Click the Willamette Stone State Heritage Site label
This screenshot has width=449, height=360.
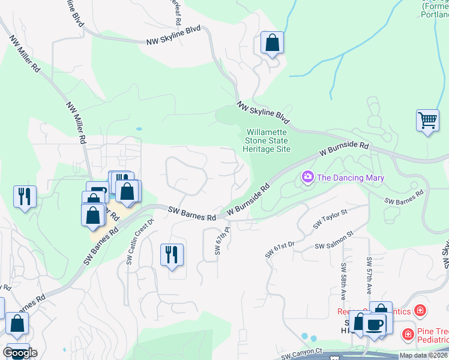point(268,140)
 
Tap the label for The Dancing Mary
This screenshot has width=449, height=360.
point(350,178)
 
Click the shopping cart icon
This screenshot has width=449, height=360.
point(427,120)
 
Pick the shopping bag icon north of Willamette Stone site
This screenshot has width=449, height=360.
point(272,43)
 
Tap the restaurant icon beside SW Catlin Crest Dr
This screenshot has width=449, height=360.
point(172,254)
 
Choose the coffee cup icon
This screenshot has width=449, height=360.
point(375,324)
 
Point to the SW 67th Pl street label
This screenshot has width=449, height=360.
point(218,240)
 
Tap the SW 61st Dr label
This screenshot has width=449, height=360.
point(280,250)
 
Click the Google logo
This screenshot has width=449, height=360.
point(20,353)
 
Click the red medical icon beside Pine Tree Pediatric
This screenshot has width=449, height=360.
point(408,333)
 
